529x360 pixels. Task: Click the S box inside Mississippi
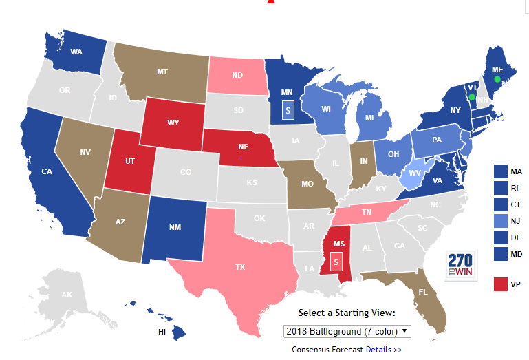[336, 262]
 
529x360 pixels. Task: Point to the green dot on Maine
[497, 79]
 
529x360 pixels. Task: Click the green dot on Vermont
[471, 97]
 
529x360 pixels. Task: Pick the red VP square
[501, 283]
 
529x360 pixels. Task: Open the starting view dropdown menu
[347, 331]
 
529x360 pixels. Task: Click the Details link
[383, 350]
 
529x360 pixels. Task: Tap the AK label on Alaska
[67, 295]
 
